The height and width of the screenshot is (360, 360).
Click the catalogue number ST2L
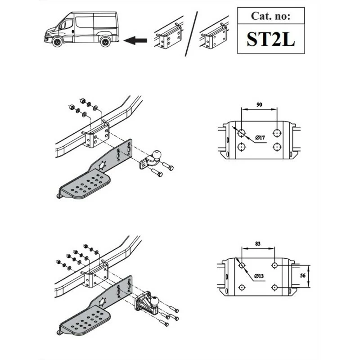pos(271,39)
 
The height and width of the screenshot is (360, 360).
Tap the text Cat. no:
pos(271,16)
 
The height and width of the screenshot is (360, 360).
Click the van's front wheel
pos(58,42)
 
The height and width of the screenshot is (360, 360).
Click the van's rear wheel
pos(106,42)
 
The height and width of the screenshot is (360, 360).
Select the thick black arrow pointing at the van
pos(135,40)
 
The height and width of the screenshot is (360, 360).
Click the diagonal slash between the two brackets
pos(191,34)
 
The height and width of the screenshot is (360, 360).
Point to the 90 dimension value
pos(259,105)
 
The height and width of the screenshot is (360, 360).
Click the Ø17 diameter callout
pos(260,138)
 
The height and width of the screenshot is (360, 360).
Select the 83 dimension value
pos(258,243)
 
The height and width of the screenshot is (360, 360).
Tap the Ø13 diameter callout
pos(259,276)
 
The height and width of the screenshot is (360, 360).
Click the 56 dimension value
pos(303,275)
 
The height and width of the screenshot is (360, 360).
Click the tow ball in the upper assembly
pos(157,154)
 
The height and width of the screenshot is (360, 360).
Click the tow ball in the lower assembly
pos(154,301)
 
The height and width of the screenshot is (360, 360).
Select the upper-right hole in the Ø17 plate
pos(277,133)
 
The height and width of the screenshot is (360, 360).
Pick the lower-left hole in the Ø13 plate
pos(242,287)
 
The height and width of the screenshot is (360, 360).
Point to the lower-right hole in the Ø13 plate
pos(274,287)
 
